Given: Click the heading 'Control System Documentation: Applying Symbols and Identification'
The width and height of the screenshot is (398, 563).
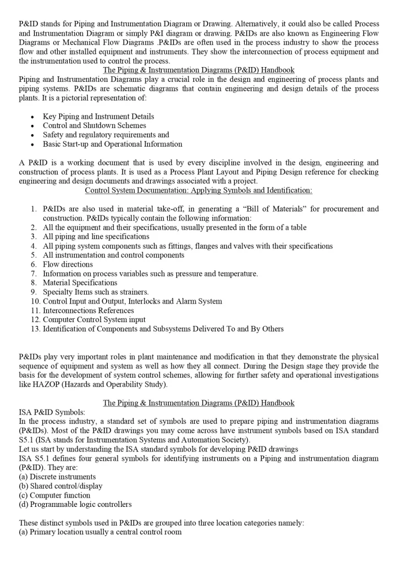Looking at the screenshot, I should click(x=198, y=190).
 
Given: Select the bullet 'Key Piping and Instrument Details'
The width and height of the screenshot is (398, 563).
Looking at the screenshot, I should click(x=98, y=117).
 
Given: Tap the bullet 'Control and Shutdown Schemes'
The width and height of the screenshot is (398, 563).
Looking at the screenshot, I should click(x=95, y=126).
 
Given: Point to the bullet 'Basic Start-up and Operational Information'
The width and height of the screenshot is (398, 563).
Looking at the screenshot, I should click(x=113, y=144).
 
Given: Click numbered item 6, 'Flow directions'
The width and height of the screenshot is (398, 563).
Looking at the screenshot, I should click(x=68, y=264).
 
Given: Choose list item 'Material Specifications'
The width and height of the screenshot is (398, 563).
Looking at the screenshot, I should click(x=80, y=283).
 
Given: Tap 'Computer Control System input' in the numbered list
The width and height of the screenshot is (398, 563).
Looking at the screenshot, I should click(x=95, y=319).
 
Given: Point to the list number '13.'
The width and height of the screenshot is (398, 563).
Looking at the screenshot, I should click(x=35, y=329).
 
